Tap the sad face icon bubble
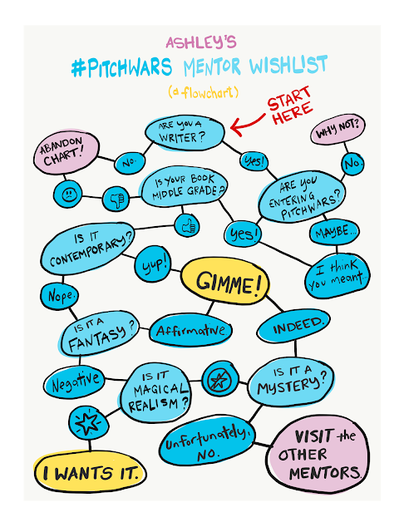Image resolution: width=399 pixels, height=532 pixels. [68, 195]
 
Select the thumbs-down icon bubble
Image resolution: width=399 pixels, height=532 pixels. [116, 199]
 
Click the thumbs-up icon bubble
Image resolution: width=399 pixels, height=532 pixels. [187, 225]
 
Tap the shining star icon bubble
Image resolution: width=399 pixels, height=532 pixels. [89, 423]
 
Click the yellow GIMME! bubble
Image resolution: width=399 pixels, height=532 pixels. [225, 281]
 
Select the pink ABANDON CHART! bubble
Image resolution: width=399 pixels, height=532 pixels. [66, 151]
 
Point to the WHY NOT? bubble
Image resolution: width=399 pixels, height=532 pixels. [338, 129]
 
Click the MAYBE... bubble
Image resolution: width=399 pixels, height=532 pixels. [334, 233]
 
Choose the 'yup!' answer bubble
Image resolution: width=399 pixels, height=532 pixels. [153, 264]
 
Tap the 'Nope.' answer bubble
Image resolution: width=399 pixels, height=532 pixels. [60, 296]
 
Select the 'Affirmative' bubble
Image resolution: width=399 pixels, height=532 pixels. [190, 331]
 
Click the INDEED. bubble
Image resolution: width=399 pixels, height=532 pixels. [293, 326]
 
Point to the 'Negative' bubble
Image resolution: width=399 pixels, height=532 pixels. [75, 382]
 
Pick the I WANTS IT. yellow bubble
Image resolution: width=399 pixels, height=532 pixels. [91, 472]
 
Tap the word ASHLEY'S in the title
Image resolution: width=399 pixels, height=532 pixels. [201, 42]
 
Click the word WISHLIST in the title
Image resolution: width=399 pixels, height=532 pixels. [288, 65]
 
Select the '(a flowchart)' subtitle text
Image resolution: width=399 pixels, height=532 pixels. [203, 92]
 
